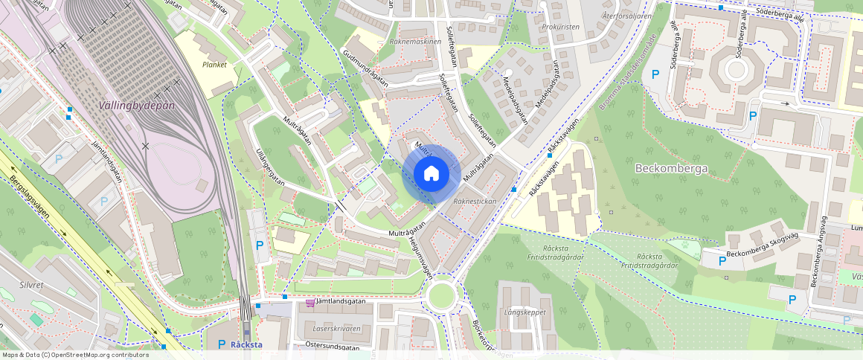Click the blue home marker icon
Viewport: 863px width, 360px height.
pyautogui.click(x=431, y=174)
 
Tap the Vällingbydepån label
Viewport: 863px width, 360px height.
pyautogui.click(x=137, y=106)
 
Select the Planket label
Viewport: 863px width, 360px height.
pyautogui.click(x=214, y=65)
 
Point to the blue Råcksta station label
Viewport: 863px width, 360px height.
pyautogui.click(x=246, y=344)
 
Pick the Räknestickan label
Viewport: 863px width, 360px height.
pyautogui.click(x=474, y=202)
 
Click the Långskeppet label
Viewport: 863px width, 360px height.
pyautogui.click(x=523, y=312)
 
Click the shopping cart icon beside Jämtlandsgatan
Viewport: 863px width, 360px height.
pyautogui.click(x=310, y=303)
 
